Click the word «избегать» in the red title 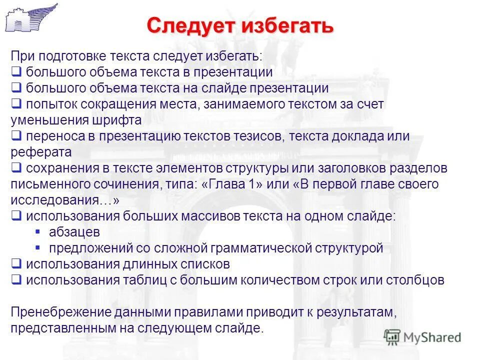tap(287, 25)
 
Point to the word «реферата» tap(41, 151)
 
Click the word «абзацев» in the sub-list tap(74, 232)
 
